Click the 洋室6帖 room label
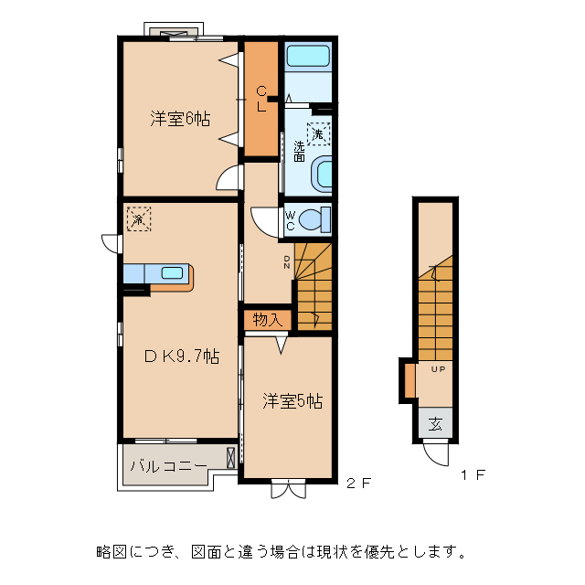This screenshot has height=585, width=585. pyautogui.click(x=181, y=119)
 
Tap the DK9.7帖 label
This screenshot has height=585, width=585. pyautogui.click(x=181, y=356)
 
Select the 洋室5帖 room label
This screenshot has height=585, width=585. pyautogui.click(x=292, y=400)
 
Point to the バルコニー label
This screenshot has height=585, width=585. pyautogui.click(x=168, y=465)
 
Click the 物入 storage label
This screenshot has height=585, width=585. pyautogui.click(x=266, y=320)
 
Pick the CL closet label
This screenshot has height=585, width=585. pyautogui.click(x=261, y=98)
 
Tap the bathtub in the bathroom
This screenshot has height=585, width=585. pyautogui.click(x=309, y=56)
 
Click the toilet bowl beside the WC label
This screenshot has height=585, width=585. pyautogui.click(x=313, y=219)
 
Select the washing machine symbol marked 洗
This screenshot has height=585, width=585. pyautogui.click(x=318, y=133)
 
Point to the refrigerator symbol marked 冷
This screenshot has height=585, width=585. pyautogui.click(x=138, y=219)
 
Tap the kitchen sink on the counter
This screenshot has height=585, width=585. pyautogui.click(x=172, y=272)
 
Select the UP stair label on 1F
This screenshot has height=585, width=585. pyautogui.click(x=438, y=369)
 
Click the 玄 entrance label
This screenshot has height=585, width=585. pyautogui.click(x=436, y=424)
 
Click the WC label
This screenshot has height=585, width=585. pyautogui.click(x=290, y=220)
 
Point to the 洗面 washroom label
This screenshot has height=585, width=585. pyautogui.click(x=299, y=151)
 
